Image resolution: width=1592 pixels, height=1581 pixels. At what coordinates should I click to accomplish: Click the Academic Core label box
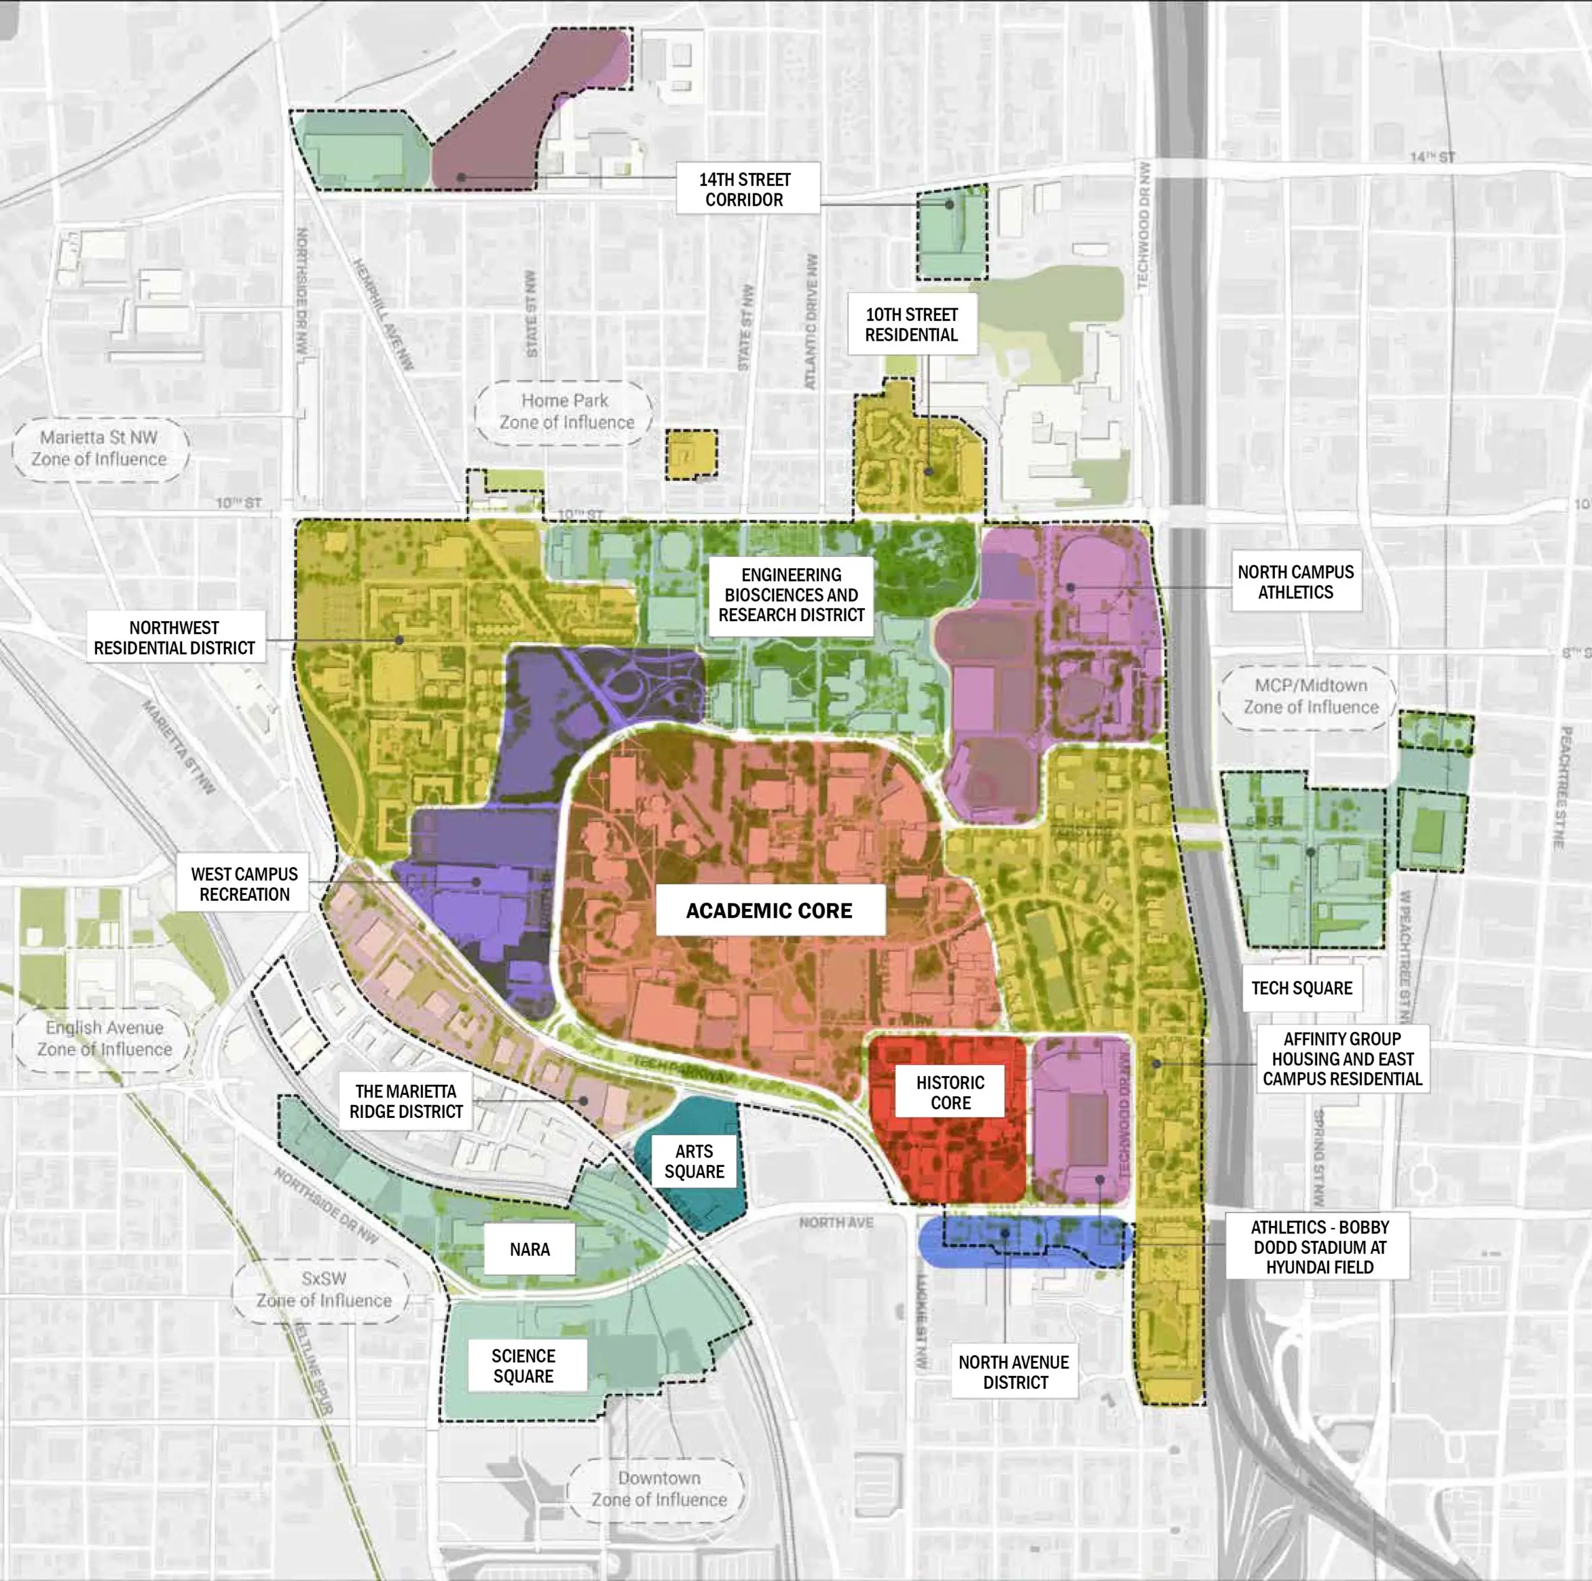click(770, 910)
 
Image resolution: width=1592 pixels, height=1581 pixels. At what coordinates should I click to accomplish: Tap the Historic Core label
click(950, 1092)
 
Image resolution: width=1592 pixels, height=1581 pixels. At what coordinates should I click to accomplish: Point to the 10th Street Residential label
click(912, 325)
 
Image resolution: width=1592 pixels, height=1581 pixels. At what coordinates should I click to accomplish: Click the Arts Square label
click(694, 1161)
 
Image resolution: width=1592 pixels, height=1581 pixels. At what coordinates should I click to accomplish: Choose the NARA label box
click(529, 1249)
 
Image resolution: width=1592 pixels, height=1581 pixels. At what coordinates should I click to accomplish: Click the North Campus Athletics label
click(1295, 582)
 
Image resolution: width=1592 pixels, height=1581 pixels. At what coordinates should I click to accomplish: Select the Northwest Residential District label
click(175, 638)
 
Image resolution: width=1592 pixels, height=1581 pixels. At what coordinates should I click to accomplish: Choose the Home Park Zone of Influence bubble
click(566, 411)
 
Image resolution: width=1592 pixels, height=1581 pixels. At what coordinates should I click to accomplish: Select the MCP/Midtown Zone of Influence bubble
click(1310, 696)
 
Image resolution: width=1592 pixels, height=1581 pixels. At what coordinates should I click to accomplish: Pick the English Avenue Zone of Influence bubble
click(104, 1038)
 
